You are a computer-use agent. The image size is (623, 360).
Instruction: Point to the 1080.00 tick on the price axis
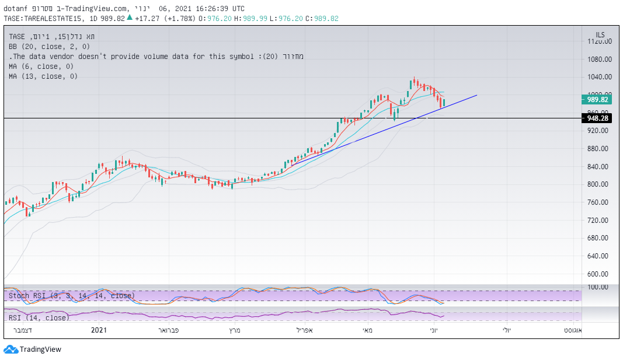click(600, 59)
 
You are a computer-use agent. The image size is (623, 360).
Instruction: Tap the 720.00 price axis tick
click(600, 220)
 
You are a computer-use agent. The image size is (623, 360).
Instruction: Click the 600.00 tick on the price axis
click(600, 274)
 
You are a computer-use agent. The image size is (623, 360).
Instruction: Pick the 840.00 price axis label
click(600, 166)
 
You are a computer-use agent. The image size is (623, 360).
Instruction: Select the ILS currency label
click(600, 34)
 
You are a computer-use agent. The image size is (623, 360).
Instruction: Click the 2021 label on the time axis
click(99, 330)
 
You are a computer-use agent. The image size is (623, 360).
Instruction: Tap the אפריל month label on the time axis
click(305, 330)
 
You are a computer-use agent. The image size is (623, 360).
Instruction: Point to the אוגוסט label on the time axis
click(571, 330)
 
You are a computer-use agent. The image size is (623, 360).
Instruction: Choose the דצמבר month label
click(22, 330)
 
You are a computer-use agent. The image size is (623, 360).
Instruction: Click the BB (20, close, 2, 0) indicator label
click(50, 47)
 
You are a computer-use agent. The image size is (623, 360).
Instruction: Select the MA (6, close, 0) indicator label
click(43, 67)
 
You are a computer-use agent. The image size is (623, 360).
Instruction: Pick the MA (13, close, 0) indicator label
click(43, 76)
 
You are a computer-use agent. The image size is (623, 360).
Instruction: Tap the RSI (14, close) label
click(39, 317)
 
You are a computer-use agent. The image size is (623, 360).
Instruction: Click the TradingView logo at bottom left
click(32, 349)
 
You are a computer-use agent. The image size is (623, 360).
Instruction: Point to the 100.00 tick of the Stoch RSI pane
click(600, 287)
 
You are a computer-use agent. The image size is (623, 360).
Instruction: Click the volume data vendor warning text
click(156, 57)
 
